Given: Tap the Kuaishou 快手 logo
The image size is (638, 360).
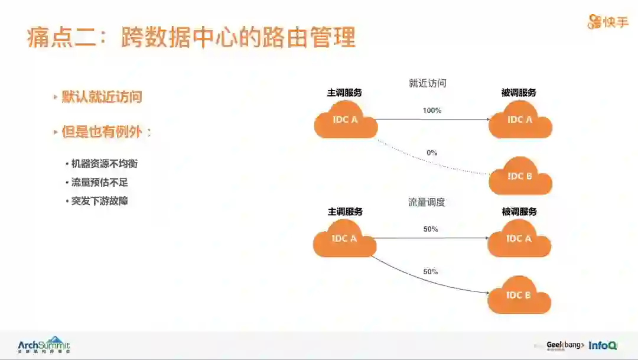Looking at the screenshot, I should [607, 22].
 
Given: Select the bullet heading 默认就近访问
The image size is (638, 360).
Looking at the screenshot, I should [102, 97].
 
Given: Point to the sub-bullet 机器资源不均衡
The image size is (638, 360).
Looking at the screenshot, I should [104, 164].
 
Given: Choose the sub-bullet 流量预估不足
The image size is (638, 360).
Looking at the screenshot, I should [99, 182].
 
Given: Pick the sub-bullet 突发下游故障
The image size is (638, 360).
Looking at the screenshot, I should [99, 201].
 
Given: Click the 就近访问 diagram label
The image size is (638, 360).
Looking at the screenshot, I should [427, 83].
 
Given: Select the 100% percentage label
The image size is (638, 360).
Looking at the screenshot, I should [432, 111].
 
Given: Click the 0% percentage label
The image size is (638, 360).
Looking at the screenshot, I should [432, 153].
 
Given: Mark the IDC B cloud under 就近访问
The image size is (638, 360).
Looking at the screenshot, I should [520, 176].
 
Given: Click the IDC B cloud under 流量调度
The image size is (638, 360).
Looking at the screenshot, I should [519, 295].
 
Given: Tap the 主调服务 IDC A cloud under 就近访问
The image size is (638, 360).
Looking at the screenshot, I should [346, 120].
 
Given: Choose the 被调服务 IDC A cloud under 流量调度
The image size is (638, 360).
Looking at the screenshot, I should [519, 239].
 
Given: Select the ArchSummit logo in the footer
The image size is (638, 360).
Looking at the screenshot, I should [44, 344].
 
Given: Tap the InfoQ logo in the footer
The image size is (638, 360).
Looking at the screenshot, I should [603, 345].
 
